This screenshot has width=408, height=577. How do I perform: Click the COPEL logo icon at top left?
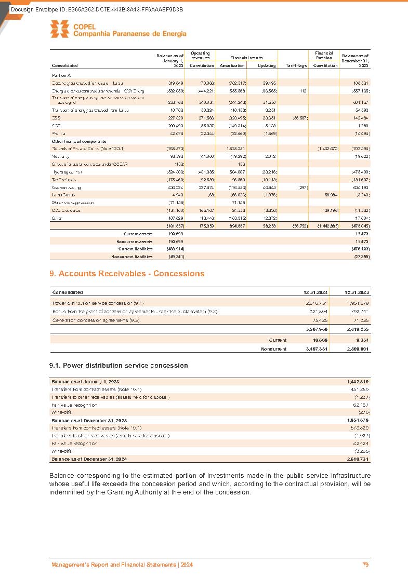pos(60,29)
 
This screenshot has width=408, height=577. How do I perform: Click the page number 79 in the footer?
pos(366,565)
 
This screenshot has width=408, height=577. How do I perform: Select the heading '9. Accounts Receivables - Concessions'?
pos(127,274)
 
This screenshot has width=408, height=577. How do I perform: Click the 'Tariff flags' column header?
pos(295,65)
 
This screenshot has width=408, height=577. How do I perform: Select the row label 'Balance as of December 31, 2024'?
pos(89,459)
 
